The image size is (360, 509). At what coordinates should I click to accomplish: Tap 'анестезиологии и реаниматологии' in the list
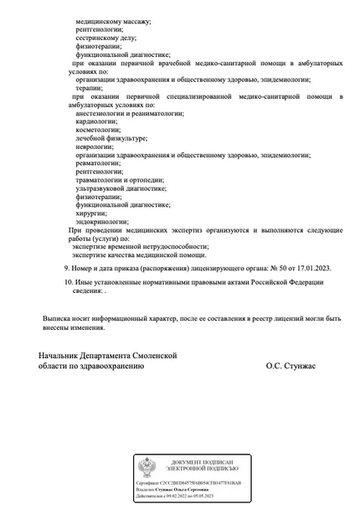129,113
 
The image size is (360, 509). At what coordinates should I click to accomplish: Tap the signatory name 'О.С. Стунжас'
296,367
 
